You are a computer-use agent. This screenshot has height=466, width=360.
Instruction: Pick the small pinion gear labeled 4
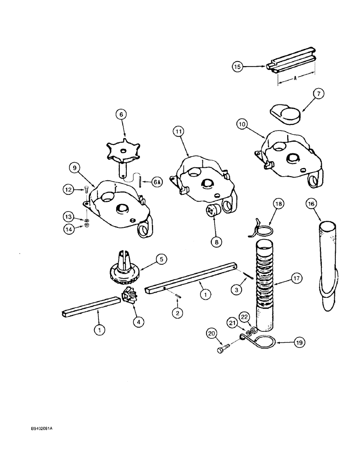click(129, 296)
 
